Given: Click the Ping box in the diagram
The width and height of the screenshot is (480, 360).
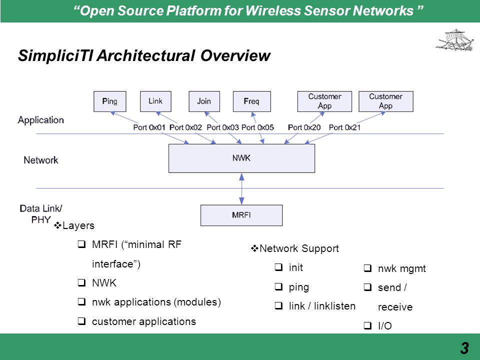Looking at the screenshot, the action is [x=109, y=101].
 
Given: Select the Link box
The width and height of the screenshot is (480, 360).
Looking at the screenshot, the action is [x=155, y=101].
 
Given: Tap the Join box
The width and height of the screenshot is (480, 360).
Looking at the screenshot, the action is [x=204, y=101].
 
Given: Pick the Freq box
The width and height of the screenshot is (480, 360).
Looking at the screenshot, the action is [x=251, y=101].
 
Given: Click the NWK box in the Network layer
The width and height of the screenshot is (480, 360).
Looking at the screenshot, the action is [x=241, y=158].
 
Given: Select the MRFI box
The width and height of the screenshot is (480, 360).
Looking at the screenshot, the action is [x=241, y=215].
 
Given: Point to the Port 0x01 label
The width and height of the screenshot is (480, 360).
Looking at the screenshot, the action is [x=149, y=127].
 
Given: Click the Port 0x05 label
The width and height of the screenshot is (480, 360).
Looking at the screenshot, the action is [x=257, y=127].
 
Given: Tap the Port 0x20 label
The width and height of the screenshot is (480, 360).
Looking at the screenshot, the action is [x=304, y=127].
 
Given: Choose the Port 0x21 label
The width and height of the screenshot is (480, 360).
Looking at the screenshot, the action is [x=344, y=127].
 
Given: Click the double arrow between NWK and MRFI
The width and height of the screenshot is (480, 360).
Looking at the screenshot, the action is [x=241, y=188].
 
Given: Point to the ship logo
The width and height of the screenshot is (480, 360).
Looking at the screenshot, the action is [x=454, y=40].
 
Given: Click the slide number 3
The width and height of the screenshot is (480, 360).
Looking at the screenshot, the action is [x=464, y=348].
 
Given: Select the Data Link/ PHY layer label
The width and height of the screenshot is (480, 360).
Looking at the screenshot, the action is [x=40, y=214].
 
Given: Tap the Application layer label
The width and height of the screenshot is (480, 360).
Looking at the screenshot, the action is [x=40, y=120].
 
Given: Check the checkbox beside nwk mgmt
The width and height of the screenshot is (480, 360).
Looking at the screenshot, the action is [x=367, y=268].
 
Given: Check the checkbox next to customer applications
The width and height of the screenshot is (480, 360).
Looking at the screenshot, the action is [x=81, y=321].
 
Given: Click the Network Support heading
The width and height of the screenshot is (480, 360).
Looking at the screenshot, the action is [x=299, y=248].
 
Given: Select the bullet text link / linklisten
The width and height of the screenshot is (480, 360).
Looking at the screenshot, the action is [x=322, y=306].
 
